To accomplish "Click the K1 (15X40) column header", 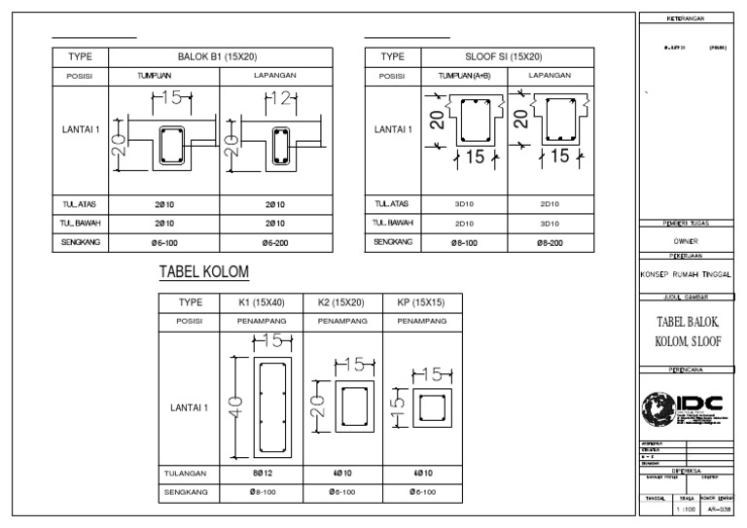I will pos(262,303).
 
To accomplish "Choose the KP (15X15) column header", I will pos(421,303).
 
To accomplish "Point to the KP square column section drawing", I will pos(427,405).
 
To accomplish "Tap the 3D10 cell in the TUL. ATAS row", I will pos(459,204).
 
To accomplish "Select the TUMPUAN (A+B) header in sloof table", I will pos(459,75).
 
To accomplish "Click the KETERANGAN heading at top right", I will pos(686,18).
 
